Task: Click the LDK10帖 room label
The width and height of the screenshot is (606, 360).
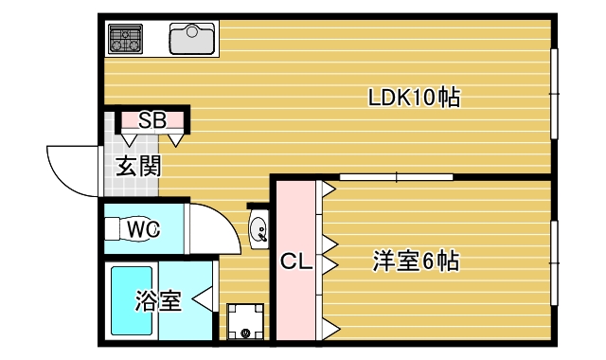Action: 414,97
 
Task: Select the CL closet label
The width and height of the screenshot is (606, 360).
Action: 295,262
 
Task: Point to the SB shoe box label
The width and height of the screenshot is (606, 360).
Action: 151,120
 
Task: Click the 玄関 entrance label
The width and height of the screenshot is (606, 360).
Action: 138,167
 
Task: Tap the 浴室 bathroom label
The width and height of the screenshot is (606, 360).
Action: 158,302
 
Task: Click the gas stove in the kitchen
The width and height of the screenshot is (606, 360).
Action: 125,39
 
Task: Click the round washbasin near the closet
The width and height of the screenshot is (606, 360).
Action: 258,229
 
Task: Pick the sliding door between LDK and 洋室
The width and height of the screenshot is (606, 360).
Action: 395,176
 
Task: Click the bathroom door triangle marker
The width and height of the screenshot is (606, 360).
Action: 202,302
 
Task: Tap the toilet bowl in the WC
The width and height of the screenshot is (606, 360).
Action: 126,229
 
